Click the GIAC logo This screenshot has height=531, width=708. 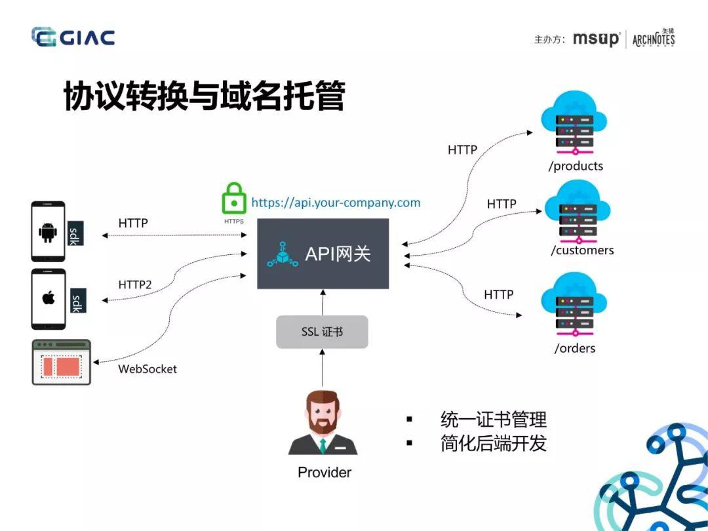pos(73,37)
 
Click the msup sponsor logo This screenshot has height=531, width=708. pos(595,39)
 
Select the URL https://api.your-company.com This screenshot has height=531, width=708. pos(336,203)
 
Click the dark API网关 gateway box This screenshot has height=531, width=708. pos(323,254)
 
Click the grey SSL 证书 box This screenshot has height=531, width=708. pos(322,332)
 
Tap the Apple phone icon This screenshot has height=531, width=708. pos(48,298)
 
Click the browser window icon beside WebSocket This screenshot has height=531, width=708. pos(61,362)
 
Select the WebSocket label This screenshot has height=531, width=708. pos(147,369)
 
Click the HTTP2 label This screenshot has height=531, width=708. pos(135,285)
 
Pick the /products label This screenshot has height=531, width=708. pos(576,166)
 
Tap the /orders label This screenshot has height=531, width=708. pos(575,348)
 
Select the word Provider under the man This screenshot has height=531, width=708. pos(324,473)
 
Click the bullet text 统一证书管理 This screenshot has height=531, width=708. pos(493,420)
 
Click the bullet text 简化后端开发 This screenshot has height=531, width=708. pos(493,443)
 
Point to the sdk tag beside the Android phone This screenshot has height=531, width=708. pos(75,233)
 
